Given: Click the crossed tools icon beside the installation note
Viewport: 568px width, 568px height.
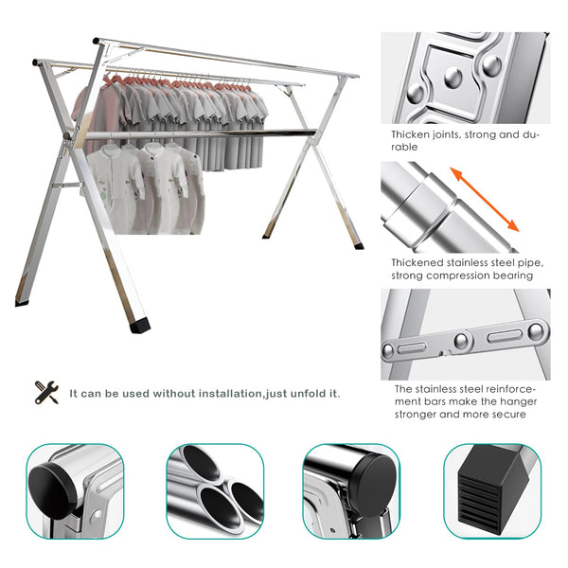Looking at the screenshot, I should click(46, 392).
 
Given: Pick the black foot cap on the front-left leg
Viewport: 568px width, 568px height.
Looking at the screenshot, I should click(139, 324).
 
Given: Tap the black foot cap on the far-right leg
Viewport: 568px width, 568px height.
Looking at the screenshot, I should click(359, 246).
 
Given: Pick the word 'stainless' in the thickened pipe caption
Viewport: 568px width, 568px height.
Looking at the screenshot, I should click(470, 262).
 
